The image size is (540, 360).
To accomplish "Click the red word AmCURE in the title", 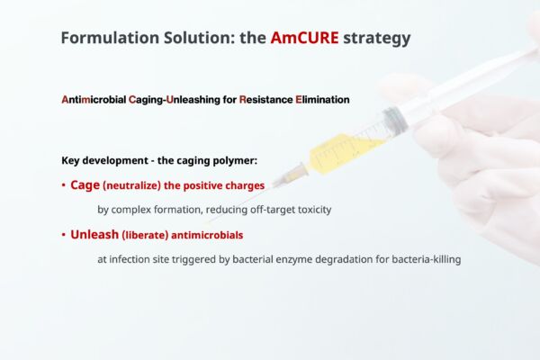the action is click(304, 38).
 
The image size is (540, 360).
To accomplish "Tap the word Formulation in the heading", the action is click(110, 38).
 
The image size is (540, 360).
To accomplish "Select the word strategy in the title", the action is click(377, 39).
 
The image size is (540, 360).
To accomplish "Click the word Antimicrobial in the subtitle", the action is click(94, 100).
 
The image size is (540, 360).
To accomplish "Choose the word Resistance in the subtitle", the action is click(265, 100).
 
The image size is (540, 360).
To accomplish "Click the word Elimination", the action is click(322, 100).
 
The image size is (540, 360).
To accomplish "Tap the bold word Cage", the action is click(85, 185).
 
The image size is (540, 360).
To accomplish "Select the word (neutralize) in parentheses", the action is click(132, 186).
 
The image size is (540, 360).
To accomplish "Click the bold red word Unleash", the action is click(94, 235).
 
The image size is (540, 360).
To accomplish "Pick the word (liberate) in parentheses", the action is click(145, 235).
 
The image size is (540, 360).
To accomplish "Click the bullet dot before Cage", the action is click(63, 185).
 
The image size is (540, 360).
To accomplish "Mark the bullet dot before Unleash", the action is click(63, 235).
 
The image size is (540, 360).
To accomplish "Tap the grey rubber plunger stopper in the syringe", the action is click(394, 120).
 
